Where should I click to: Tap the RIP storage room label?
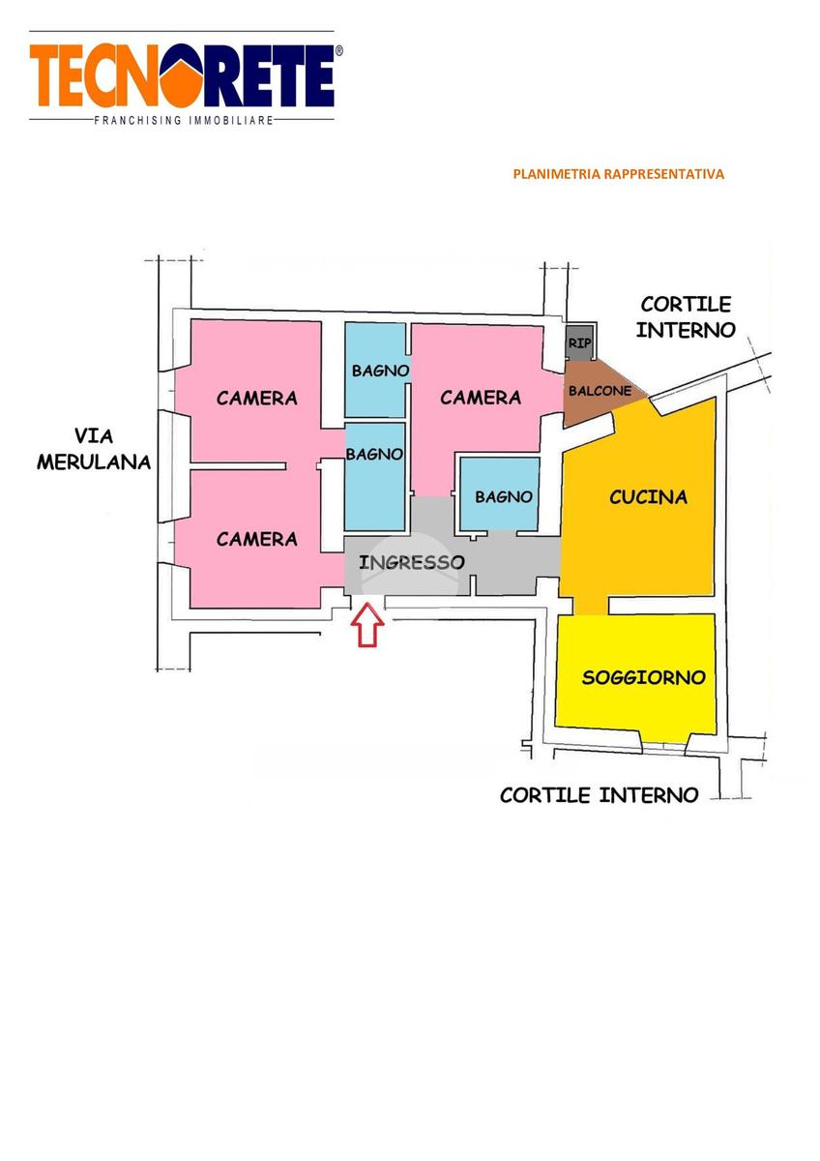579,342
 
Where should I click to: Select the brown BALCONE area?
600,391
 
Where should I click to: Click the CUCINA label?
649,497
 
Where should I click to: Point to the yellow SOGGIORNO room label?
644,677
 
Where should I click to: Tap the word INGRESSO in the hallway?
412,562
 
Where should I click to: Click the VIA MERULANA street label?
94,449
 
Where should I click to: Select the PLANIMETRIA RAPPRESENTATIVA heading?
619,174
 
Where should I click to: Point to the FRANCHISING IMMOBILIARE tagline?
184,121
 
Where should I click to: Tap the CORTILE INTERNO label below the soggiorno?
600,795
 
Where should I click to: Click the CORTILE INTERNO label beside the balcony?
686,316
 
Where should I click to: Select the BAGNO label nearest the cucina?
504,497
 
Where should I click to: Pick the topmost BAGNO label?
381,371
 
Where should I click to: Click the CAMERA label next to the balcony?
481,398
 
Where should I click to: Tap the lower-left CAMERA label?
257,539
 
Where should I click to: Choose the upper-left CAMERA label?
257,398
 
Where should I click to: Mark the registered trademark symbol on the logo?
338,50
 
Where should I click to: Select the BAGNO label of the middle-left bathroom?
374,455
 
